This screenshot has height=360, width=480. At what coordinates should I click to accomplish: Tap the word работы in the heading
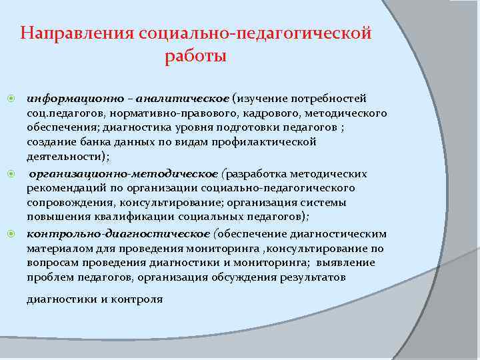[195, 56]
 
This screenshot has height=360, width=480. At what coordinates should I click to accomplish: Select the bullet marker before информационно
[11, 99]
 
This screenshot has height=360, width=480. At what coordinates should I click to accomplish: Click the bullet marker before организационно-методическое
[11, 174]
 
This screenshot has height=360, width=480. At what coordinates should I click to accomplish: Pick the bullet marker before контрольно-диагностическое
[11, 234]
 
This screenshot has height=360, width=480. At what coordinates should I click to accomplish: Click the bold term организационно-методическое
[123, 174]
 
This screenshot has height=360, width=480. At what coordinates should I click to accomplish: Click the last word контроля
[137, 299]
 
